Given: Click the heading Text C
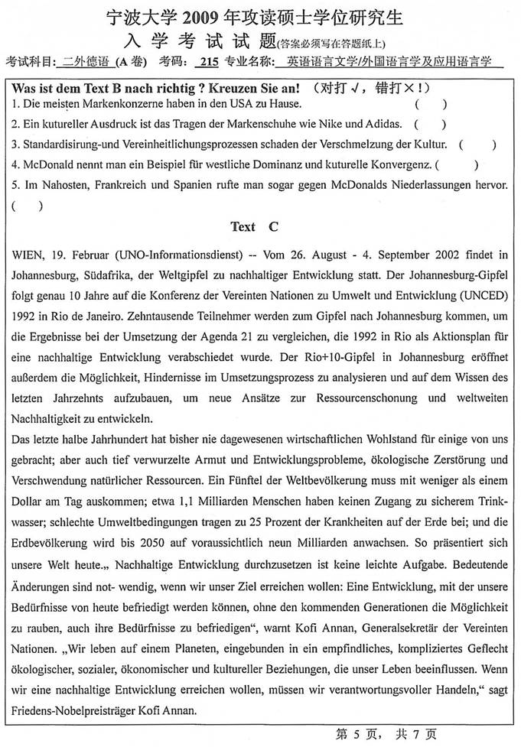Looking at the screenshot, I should (255, 226).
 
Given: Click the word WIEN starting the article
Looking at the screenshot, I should (28, 253).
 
